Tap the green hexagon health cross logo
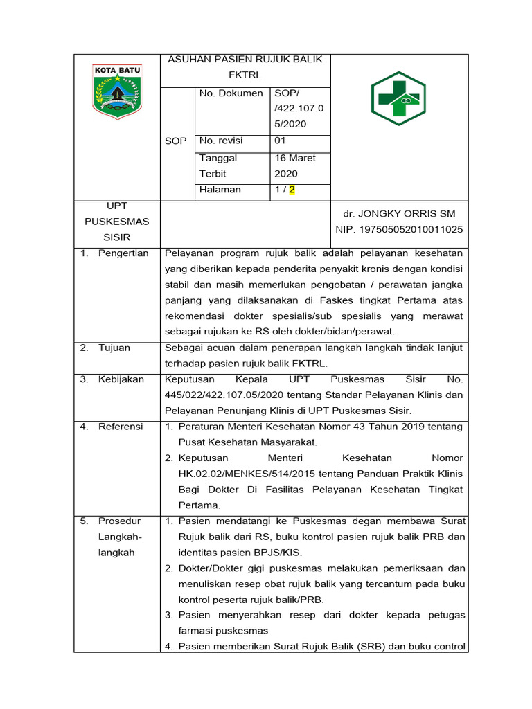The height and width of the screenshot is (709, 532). click(x=398, y=98)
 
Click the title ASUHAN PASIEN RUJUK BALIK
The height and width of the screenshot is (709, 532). click(x=245, y=60)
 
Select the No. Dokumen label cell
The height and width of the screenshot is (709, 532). click(x=231, y=93)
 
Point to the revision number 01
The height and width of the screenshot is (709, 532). click(x=281, y=141)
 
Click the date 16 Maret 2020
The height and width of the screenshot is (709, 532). click(x=294, y=166)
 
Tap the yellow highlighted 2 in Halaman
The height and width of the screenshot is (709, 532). click(x=292, y=190)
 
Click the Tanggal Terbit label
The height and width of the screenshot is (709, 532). click(x=218, y=166)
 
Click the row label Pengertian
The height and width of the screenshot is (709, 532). click(x=123, y=253)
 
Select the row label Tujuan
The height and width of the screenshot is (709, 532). click(x=114, y=348)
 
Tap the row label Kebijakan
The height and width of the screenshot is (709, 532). click(x=121, y=379)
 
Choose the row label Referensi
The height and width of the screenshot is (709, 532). click(x=121, y=427)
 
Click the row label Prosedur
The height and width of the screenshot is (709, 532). click(x=119, y=521)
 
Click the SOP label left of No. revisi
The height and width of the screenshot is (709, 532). click(x=176, y=141)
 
